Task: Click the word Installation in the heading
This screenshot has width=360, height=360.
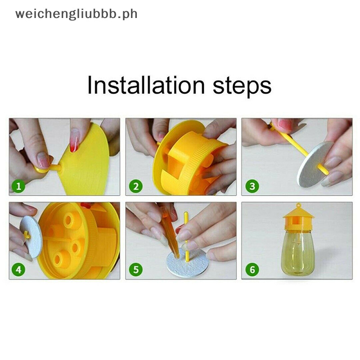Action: pos(146,85)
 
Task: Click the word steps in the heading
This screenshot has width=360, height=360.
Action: pos(242,87)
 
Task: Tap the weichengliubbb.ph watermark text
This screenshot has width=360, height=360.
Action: pos(76,14)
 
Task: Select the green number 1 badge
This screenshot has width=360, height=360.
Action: pos(18,186)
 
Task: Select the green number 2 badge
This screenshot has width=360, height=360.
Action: pos(136,186)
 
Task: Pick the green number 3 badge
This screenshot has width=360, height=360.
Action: pos(252,186)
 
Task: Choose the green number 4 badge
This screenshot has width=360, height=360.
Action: pos(18,270)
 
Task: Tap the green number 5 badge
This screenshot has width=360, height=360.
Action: pos(136,270)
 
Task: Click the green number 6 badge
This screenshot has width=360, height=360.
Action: pos(252,270)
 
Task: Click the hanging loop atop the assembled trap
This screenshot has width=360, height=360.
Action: pos(298,205)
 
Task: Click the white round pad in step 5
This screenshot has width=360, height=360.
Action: pos(188,264)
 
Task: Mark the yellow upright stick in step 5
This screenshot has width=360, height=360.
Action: pos(186,237)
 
